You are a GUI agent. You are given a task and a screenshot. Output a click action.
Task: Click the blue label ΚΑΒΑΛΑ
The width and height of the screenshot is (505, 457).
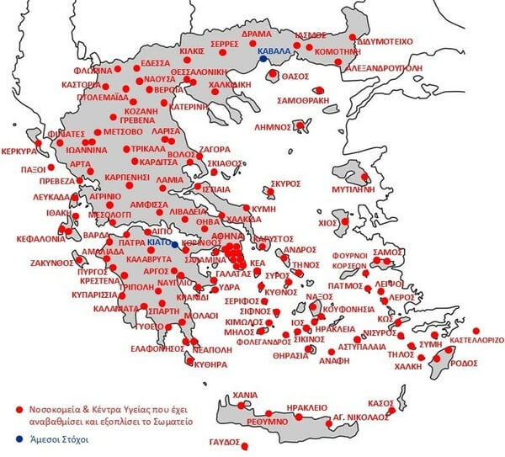pyautogui.click(x=274, y=51)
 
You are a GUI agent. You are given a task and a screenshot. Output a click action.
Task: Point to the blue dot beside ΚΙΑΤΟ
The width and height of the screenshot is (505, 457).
pyautogui.click(x=175, y=243)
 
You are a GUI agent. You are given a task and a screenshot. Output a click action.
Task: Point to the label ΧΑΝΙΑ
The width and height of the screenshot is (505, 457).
pyautogui.click(x=245, y=393)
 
